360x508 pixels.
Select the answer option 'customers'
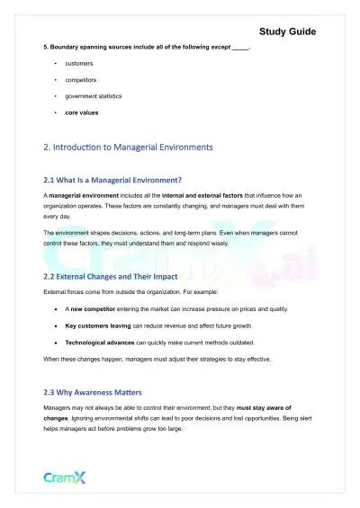point(78,64)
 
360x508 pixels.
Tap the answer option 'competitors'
point(81,79)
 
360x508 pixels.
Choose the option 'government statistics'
point(94,95)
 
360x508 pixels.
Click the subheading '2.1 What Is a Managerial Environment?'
point(112,179)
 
